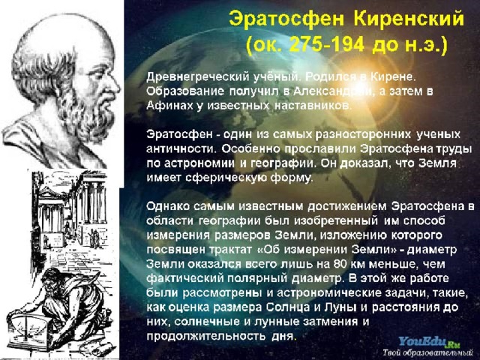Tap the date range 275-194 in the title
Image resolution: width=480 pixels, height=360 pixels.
(x=327, y=45)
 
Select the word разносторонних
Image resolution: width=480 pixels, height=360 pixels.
(x=363, y=135)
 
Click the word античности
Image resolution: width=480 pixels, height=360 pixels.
(x=181, y=149)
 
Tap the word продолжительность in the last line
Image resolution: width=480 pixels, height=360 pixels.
(x=205, y=337)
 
